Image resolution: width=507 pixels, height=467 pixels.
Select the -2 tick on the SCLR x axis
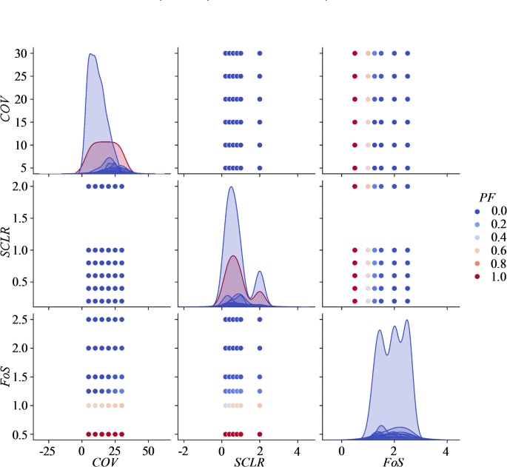[x=183, y=449]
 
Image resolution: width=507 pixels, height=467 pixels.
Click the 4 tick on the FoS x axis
[x=446, y=449]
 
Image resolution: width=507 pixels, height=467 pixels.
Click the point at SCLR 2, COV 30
[x=260, y=53]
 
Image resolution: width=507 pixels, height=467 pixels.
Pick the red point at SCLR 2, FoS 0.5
[x=260, y=434]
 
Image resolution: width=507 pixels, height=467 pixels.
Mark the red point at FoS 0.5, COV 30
[x=355, y=53]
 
